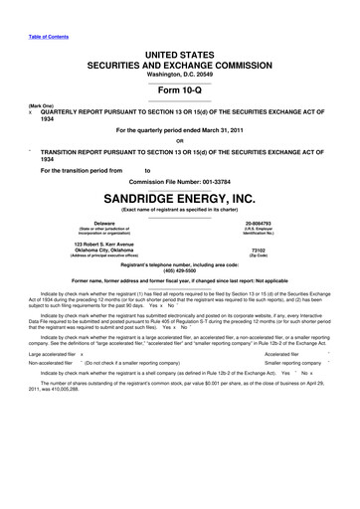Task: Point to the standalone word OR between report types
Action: coord(179,140)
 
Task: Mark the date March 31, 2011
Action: coord(224,129)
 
